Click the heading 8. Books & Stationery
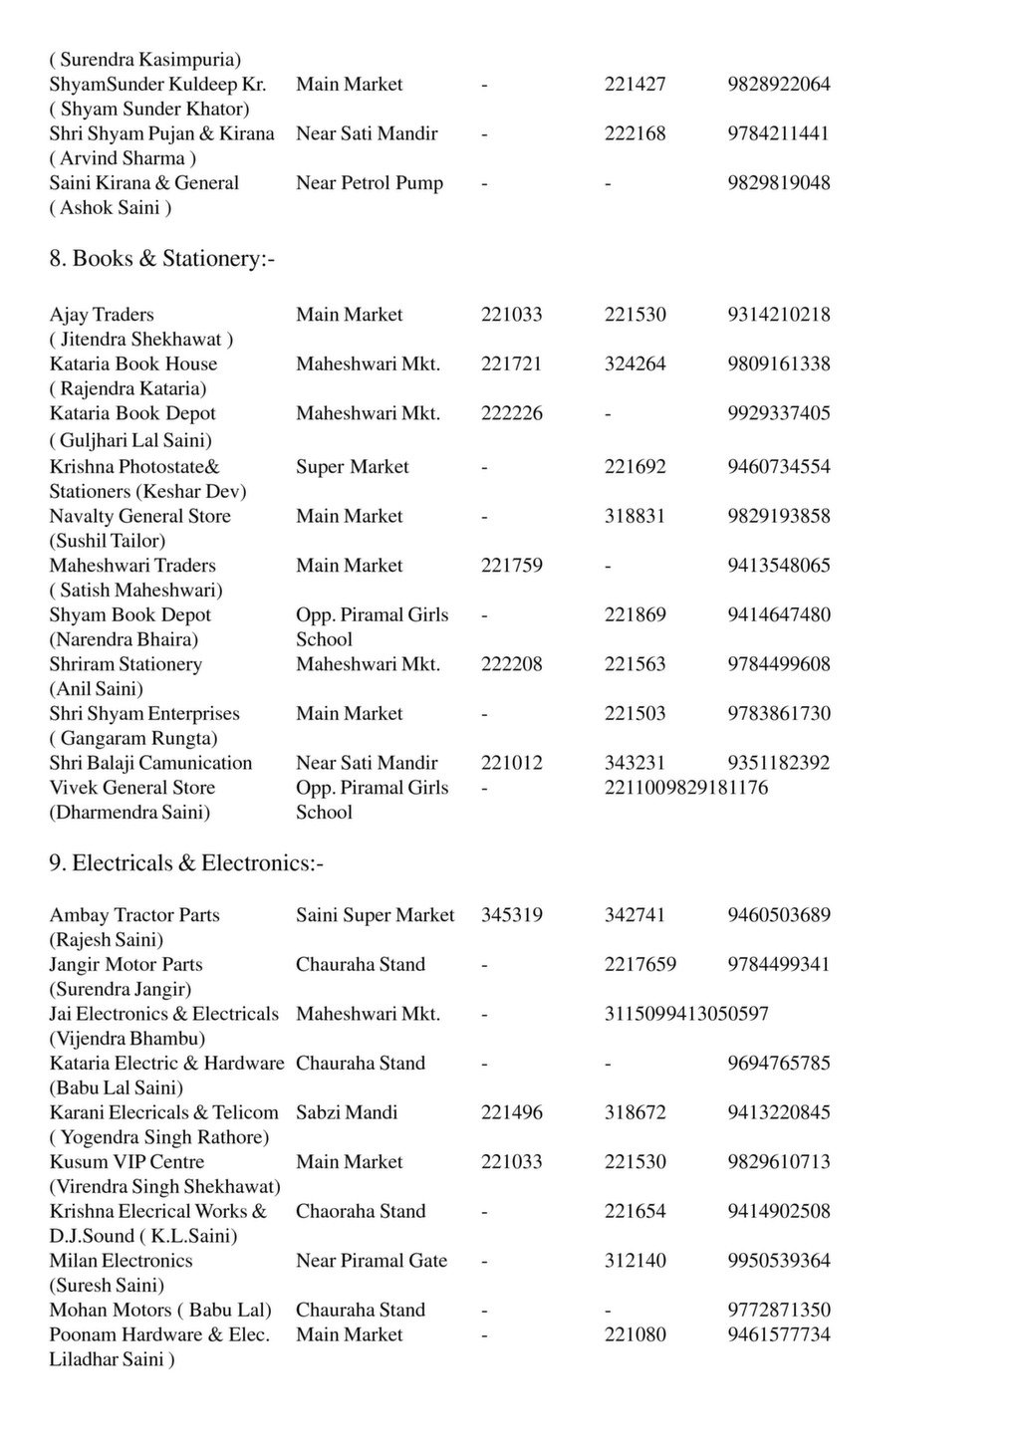[161, 259]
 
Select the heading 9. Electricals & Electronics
[186, 862]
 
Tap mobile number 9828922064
[778, 85]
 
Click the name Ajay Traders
[102, 315]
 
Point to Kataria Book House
[132, 364]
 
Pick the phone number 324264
[635, 364]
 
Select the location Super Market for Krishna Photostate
[352, 467]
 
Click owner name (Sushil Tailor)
[108, 541]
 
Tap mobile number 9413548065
[778, 566]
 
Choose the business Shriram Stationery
[126, 664]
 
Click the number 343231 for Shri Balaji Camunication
[635, 763]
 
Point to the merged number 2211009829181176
[685, 788]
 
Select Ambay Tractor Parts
[134, 915]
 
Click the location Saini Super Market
[375, 915]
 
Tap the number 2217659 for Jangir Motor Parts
[639, 964]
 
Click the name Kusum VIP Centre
[127, 1162]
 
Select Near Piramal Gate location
[371, 1261]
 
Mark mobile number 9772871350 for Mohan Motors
[778, 1310]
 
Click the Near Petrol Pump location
[369, 183]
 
